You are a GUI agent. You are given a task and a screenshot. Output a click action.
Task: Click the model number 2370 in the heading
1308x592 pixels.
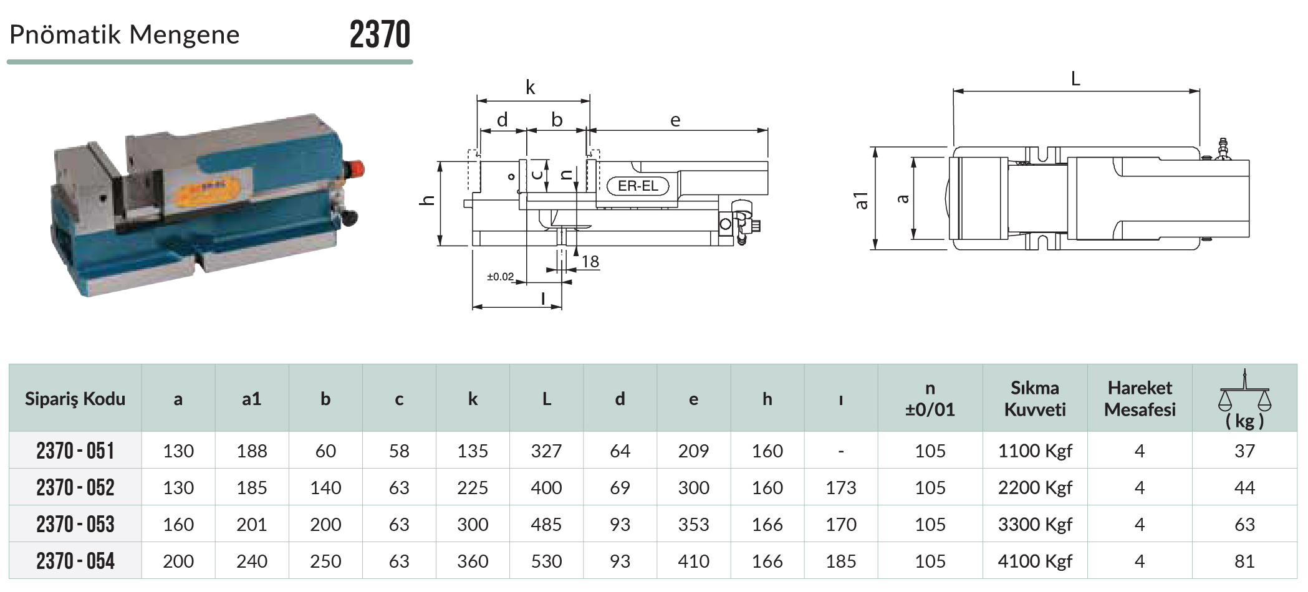[380, 34]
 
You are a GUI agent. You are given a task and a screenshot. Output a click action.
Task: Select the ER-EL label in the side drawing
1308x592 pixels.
[638, 186]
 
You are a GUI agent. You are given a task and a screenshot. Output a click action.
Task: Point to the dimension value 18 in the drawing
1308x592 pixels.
[590, 262]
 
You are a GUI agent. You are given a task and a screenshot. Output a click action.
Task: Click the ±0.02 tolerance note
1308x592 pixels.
[500, 277]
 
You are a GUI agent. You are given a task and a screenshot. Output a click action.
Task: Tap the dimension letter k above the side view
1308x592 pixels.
[530, 87]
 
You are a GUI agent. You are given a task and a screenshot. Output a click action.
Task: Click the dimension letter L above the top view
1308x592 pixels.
[1075, 79]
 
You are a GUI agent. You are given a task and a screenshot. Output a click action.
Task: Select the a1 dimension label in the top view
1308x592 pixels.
[861, 200]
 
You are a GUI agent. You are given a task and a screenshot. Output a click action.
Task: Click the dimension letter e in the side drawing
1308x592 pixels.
[675, 120]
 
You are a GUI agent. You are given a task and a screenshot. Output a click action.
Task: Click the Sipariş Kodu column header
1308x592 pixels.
[75, 399]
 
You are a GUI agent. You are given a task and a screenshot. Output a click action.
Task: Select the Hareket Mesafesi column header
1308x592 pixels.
[1140, 399]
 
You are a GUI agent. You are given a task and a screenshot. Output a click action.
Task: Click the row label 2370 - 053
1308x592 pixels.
[75, 524]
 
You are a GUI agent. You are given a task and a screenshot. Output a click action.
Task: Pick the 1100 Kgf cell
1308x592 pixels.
[1035, 451]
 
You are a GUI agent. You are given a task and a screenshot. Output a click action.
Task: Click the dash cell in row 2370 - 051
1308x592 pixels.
[841, 451]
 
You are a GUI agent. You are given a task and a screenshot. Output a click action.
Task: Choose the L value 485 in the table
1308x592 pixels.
[546, 524]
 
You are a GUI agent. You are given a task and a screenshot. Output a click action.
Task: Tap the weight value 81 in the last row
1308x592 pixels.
[1244, 561]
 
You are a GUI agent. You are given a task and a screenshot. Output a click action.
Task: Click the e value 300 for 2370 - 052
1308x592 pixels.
[693, 487]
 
